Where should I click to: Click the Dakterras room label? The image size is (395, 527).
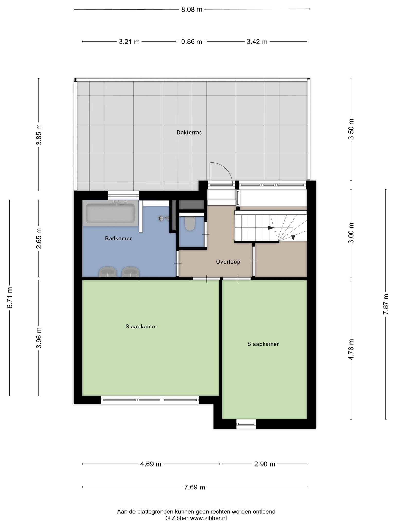point(189,133)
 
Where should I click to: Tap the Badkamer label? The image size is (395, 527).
point(118,239)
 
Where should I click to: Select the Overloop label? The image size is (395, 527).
point(228,262)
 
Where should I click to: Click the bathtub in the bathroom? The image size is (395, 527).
point(111,214)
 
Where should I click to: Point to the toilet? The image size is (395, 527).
point(190,224)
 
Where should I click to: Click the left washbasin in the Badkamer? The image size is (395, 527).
point(108,272)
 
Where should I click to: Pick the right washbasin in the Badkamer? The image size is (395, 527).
point(131,272)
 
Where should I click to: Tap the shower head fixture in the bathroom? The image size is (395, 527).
point(164,218)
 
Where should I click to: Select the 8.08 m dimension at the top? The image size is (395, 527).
point(192,10)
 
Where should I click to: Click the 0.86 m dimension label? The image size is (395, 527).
point(192,42)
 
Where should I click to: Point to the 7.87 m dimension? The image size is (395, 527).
point(385,304)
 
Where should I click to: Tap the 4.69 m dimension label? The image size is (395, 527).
point(151,464)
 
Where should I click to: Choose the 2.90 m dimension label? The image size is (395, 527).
point(265,464)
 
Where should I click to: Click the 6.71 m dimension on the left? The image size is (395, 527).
point(10,298)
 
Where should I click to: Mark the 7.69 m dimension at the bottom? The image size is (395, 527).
point(195,487)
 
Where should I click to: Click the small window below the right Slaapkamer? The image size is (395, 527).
point(246,424)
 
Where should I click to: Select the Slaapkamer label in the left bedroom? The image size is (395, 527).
point(141,327)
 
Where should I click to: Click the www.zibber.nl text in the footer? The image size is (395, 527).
point(208,518)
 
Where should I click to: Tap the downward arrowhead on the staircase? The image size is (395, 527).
point(293,238)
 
